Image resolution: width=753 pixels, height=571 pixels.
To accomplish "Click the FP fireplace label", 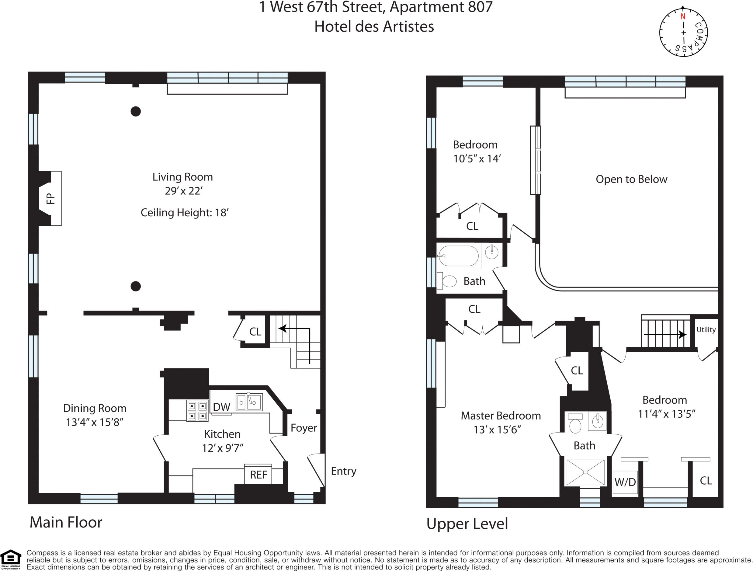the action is (50, 199).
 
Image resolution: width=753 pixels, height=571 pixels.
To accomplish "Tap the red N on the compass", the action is (683, 17).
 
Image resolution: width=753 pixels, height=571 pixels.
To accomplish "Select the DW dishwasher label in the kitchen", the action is (222, 407).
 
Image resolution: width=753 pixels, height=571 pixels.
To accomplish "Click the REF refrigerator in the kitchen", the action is (259, 474).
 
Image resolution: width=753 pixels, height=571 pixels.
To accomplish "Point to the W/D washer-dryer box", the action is (625, 482).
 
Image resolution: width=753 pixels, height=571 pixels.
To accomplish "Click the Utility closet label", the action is (706, 329).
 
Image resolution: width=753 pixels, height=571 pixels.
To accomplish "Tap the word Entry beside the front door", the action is (343, 471).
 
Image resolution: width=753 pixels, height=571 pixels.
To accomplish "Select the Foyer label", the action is (304, 428).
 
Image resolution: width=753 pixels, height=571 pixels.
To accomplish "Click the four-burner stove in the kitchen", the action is (197, 411).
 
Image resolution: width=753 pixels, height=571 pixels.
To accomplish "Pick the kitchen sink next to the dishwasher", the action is (249, 402).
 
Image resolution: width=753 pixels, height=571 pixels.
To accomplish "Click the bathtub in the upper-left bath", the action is (459, 256).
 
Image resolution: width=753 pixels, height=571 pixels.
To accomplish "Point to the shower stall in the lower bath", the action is (585, 472).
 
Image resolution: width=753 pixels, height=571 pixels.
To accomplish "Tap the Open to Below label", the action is (631, 179).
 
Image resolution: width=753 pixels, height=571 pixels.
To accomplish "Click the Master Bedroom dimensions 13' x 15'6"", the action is (497, 430).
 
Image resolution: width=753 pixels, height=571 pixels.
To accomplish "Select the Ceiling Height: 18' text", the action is (185, 212).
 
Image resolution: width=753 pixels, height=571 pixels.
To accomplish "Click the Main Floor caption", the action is (66, 522).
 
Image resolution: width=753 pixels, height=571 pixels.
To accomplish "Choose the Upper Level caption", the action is (467, 524).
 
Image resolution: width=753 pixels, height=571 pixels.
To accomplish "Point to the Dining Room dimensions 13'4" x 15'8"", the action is (95, 422).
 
